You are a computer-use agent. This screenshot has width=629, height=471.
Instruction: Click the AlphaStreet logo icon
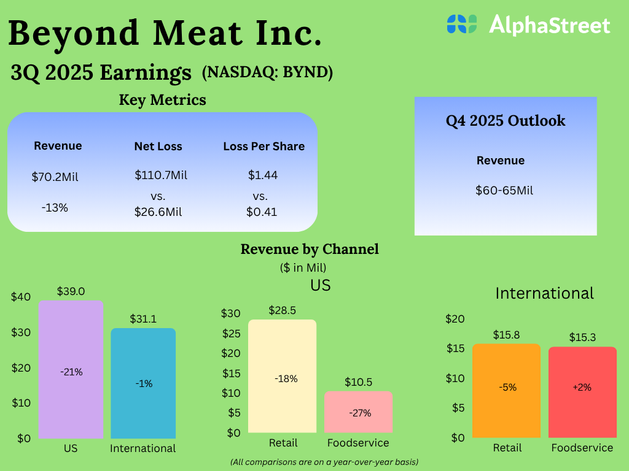(462, 24)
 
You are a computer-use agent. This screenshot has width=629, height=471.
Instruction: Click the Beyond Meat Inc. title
(165, 33)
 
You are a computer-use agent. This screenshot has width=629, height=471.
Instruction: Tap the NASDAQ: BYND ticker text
(267, 72)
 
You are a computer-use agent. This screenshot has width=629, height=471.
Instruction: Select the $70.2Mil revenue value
(55, 177)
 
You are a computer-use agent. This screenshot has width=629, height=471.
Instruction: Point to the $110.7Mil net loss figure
(161, 175)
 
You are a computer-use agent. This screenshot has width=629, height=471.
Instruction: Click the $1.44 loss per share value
(263, 175)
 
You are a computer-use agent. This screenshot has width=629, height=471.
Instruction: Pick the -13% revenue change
(55, 207)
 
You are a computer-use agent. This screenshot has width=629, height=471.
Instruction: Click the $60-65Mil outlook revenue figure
(504, 190)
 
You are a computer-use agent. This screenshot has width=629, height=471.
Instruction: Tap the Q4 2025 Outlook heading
(506, 121)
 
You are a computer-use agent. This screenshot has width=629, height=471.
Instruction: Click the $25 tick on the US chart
(231, 334)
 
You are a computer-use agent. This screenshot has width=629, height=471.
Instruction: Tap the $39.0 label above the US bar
(71, 291)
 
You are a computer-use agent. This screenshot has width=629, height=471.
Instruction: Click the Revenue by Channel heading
(310, 249)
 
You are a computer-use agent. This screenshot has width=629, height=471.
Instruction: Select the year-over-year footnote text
(324, 461)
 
